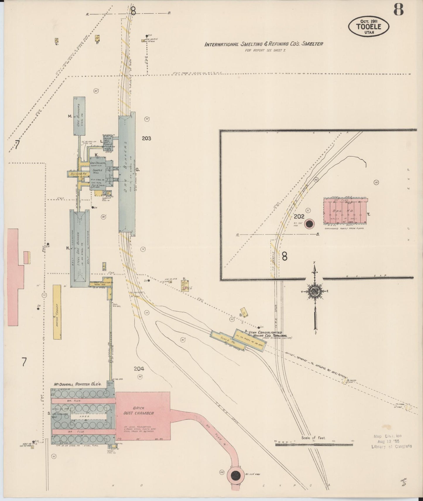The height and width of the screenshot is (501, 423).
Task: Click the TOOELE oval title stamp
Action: [x=369, y=26]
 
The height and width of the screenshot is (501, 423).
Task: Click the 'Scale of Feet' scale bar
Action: [x=314, y=444]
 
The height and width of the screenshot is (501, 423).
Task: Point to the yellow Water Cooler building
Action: [x=57, y=312]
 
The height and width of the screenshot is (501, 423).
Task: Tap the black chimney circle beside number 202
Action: [x=309, y=224]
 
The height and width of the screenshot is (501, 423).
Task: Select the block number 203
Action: [x=146, y=138]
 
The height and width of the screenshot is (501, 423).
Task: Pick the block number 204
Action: [x=139, y=369]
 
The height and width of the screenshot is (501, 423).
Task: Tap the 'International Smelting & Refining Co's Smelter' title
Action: [x=263, y=44]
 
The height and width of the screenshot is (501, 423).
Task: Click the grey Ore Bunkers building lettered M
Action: [x=79, y=116]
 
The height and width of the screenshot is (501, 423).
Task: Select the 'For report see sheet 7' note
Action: [x=265, y=50]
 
